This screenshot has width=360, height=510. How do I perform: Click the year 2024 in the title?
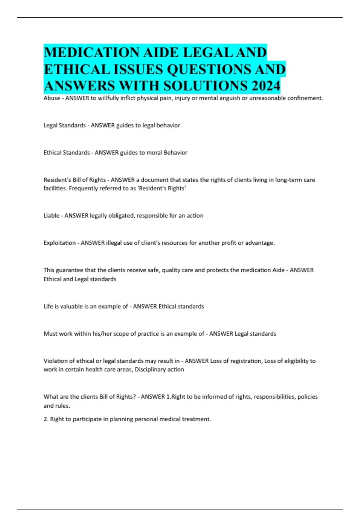(x=266, y=86)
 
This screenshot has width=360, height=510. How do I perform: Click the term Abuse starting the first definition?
(x=52, y=98)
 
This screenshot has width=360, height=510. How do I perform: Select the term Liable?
(x=51, y=216)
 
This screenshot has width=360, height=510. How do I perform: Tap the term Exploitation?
(x=59, y=243)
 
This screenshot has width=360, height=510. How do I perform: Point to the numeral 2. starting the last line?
(x=46, y=419)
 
